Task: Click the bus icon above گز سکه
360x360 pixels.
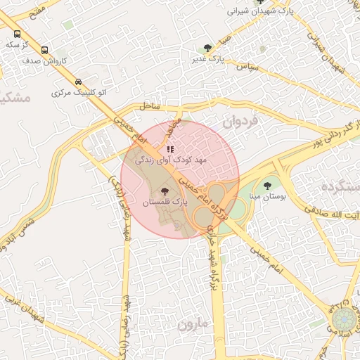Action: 17,33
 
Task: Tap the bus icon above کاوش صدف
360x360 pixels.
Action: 45,50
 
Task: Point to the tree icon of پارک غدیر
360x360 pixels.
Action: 207,48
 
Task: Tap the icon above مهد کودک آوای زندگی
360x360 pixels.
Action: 170,149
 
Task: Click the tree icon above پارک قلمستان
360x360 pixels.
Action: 165,191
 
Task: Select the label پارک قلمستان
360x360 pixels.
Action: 167,202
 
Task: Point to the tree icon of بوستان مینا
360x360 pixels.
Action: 266,186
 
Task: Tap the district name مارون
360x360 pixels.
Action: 193,326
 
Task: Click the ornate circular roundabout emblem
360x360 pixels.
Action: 344,321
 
